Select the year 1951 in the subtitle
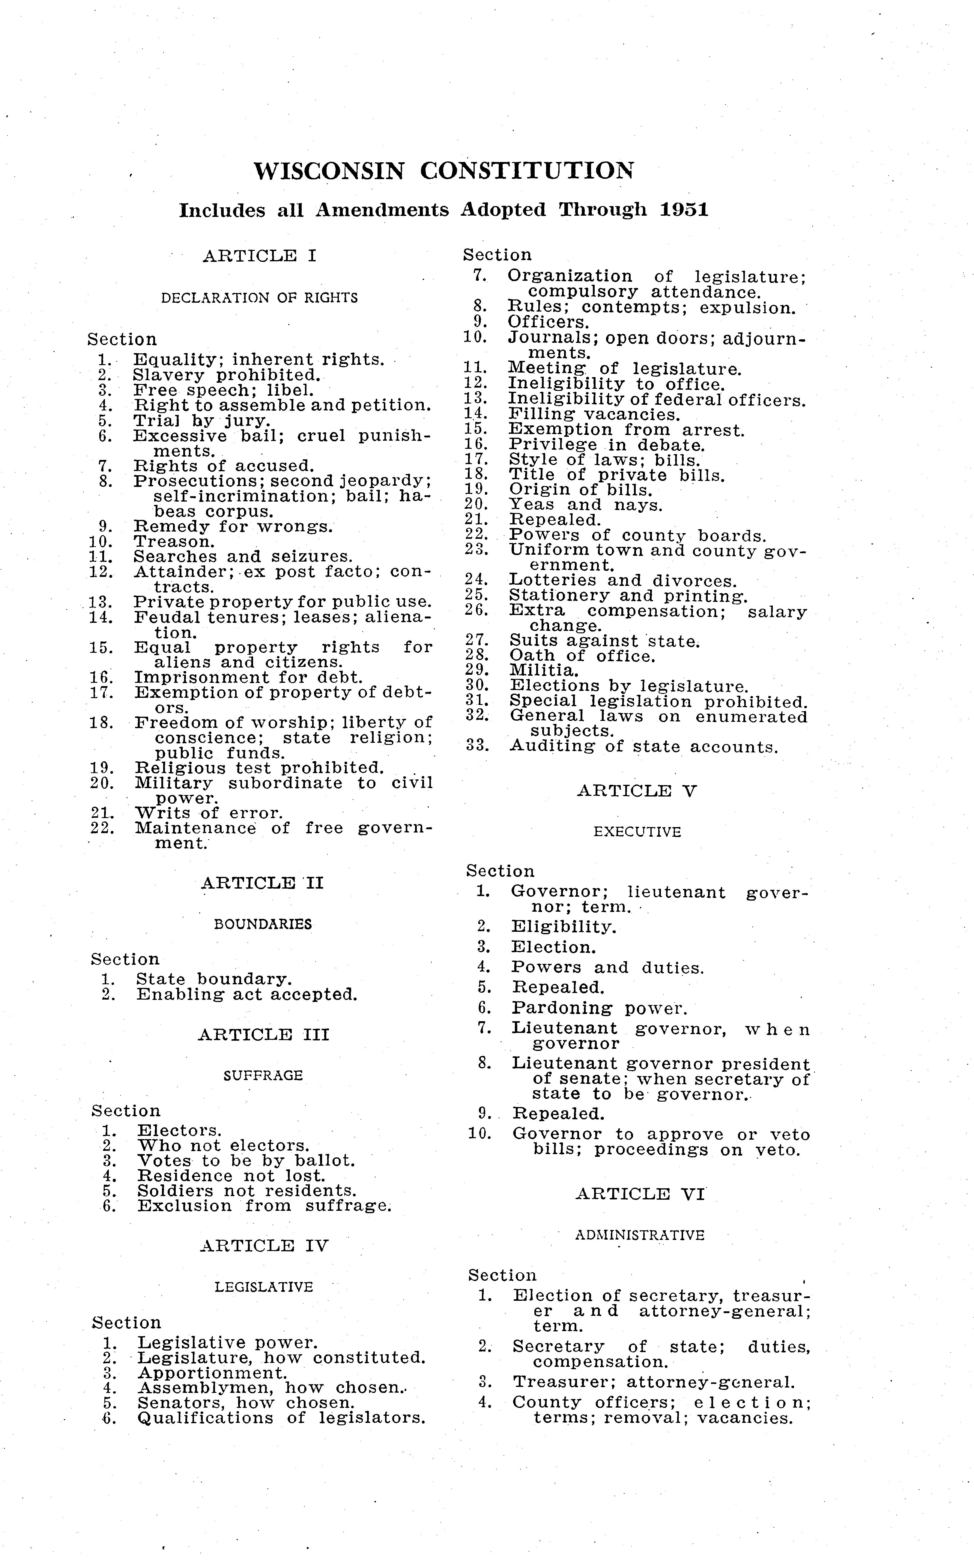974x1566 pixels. pos(684,210)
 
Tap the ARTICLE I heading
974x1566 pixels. pos(260,256)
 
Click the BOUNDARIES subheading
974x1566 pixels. pos(263,924)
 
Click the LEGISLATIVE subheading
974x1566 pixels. pos(264,1287)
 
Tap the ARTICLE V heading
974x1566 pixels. pos(636,791)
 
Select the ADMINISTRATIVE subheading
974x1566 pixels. pos(639,1235)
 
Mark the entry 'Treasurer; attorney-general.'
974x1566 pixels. pos(653,1382)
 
